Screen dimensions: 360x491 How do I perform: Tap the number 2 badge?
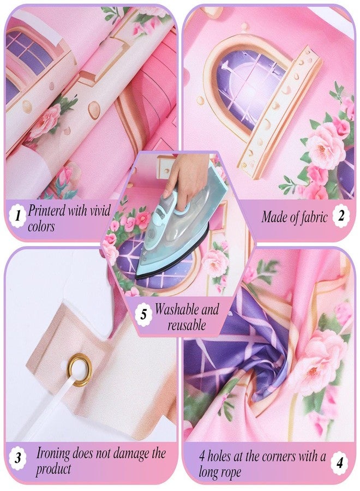click(x=341, y=215)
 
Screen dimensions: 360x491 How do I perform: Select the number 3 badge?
click(x=18, y=459)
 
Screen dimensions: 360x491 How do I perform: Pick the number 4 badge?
click(x=340, y=462)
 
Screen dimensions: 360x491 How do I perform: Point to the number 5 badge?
click(x=143, y=314)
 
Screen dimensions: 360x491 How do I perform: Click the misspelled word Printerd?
click(x=47, y=211)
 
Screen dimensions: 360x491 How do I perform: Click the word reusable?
click(x=187, y=325)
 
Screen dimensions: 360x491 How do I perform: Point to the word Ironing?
click(x=53, y=454)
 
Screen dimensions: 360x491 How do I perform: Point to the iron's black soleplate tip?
click(x=139, y=276)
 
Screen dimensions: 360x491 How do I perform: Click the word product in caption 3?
click(x=53, y=469)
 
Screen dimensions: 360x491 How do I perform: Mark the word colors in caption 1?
click(x=41, y=226)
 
